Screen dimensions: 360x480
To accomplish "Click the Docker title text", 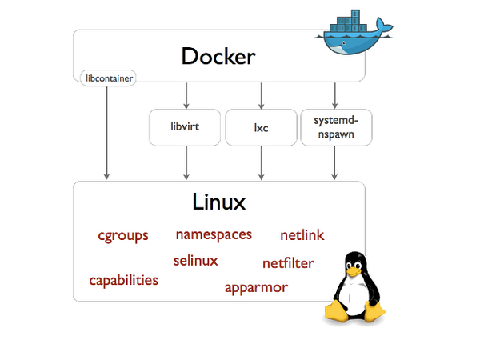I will tap(218, 56).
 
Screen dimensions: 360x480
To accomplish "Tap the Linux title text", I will tap(218, 201).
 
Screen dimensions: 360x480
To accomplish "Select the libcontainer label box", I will tap(107, 78).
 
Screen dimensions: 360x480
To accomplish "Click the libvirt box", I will tap(185, 127).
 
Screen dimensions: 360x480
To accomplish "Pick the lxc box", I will tap(260, 127).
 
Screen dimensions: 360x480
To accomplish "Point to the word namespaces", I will tap(214, 234).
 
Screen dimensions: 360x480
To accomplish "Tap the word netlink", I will tap(302, 235).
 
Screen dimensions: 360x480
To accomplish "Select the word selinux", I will tap(195, 260).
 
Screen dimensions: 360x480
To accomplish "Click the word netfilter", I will tap(288, 262).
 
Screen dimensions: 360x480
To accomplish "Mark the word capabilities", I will tap(123, 280).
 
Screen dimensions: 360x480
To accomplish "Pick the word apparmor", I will tap(256, 287).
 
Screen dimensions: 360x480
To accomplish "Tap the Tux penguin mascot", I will tap(351, 288).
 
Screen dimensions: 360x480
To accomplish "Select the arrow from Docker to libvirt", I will tap(186, 94).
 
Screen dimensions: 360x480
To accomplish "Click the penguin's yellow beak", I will tap(351, 270).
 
